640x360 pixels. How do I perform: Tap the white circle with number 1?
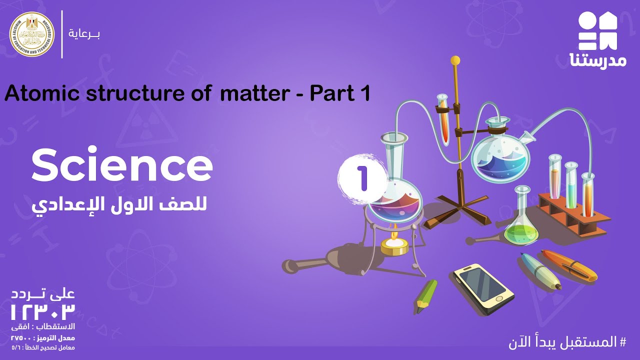(362, 177)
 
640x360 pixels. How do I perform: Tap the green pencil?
(425, 295)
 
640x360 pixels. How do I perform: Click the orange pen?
(570, 265)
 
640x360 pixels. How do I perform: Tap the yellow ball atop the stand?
(455, 60)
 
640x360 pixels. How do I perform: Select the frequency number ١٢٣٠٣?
(43, 311)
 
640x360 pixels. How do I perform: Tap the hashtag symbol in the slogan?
(622, 343)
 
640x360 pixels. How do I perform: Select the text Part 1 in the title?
(339, 93)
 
